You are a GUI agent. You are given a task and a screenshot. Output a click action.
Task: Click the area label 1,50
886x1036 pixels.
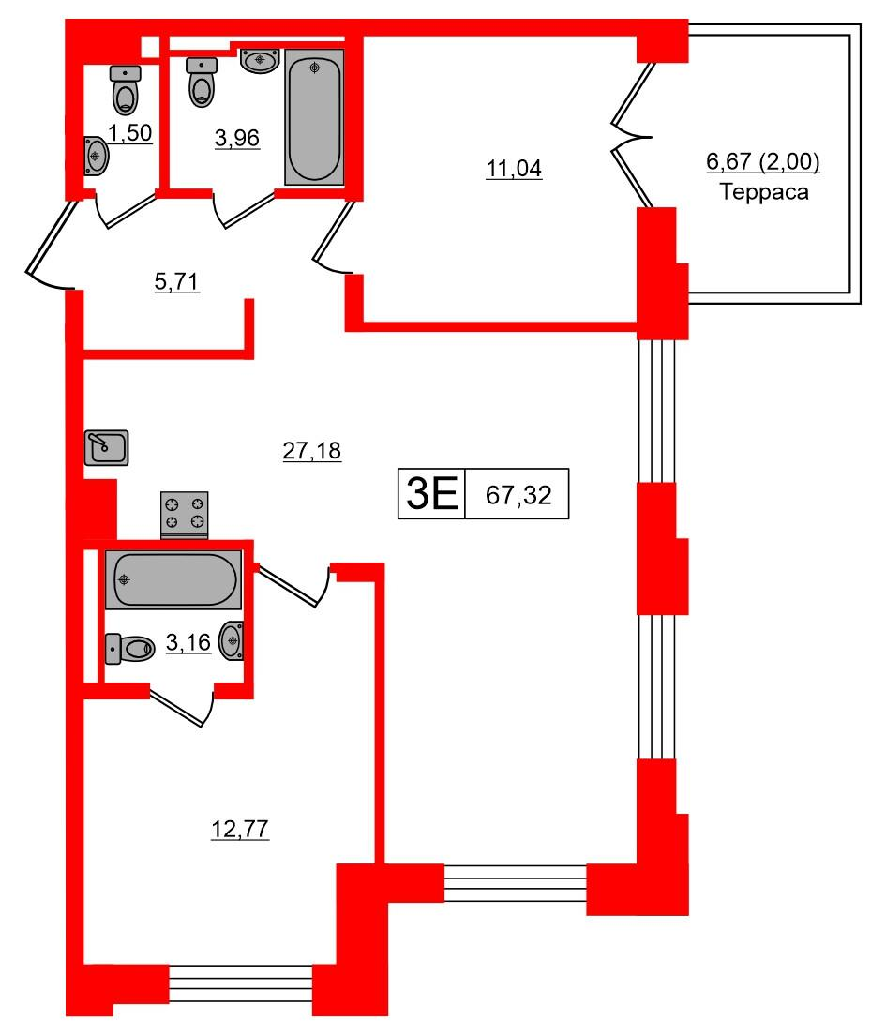(130, 134)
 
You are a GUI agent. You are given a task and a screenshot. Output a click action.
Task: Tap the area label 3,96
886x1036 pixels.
(236, 139)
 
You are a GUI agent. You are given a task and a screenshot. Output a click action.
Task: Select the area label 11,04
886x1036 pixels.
(514, 170)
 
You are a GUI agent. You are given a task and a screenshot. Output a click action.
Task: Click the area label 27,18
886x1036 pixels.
(312, 452)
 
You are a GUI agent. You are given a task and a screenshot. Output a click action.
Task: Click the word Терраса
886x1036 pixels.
(764, 193)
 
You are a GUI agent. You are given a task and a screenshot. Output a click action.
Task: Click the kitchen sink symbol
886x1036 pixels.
(106, 447)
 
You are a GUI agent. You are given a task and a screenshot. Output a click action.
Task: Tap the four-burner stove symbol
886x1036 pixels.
(185, 513)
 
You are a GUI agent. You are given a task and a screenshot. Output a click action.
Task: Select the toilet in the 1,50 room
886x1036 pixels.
(125, 89)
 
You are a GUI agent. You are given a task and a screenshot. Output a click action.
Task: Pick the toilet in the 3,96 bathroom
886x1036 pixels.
(202, 83)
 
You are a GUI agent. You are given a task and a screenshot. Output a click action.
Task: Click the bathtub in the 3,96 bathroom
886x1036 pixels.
(314, 117)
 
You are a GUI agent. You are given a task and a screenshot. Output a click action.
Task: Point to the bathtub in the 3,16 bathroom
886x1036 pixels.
(174, 580)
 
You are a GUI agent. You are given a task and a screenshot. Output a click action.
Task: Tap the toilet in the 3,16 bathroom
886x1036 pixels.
(132, 647)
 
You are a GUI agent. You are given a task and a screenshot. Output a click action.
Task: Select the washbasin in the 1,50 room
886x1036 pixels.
(96, 154)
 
